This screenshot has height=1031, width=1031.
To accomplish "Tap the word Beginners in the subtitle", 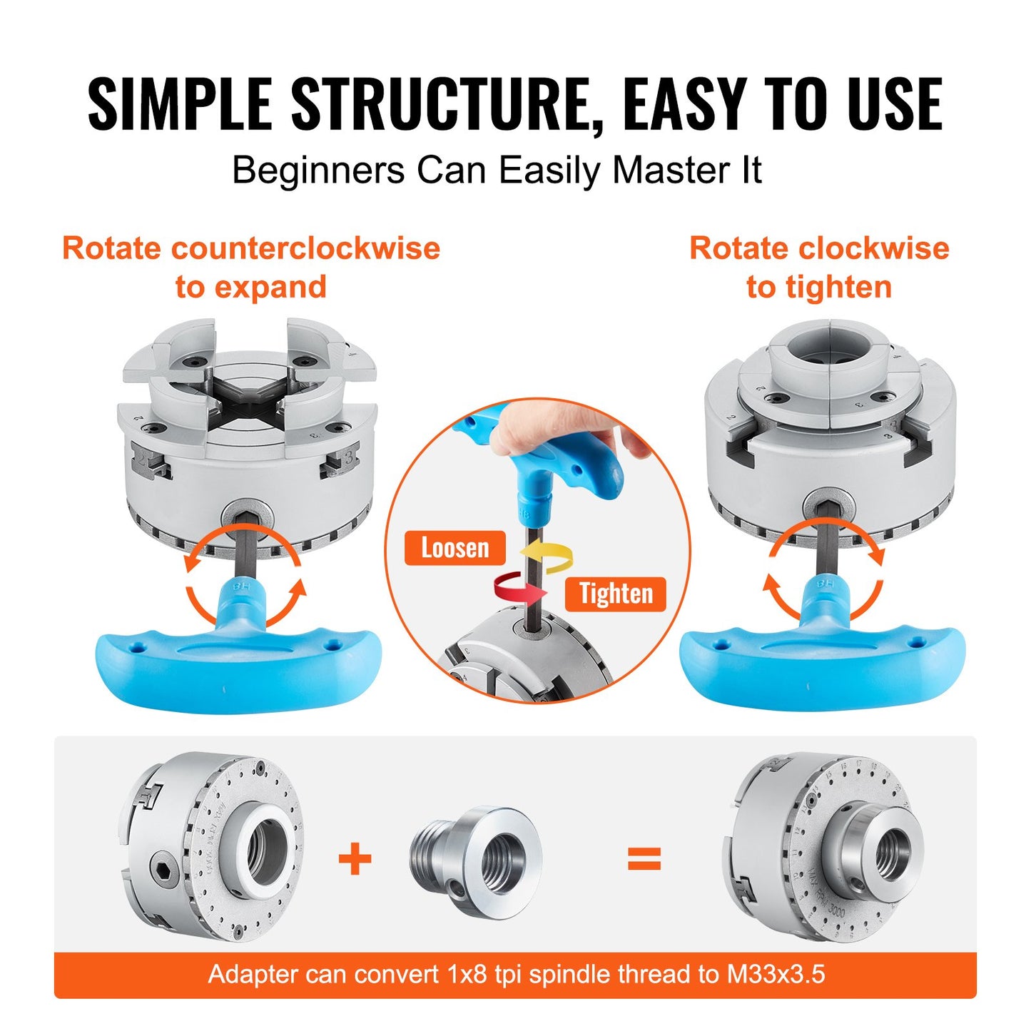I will (318, 171).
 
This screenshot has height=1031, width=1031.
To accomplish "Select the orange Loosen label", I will (455, 548).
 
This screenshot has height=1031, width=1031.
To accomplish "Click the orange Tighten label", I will (615, 594).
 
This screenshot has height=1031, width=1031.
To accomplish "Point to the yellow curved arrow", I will (547, 556).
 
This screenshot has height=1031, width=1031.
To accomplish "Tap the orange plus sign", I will (355, 858).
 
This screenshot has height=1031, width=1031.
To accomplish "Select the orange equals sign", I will (644, 858).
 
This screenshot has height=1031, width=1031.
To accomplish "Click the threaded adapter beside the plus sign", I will (477, 862).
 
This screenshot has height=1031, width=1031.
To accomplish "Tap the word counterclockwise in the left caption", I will (306, 248).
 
